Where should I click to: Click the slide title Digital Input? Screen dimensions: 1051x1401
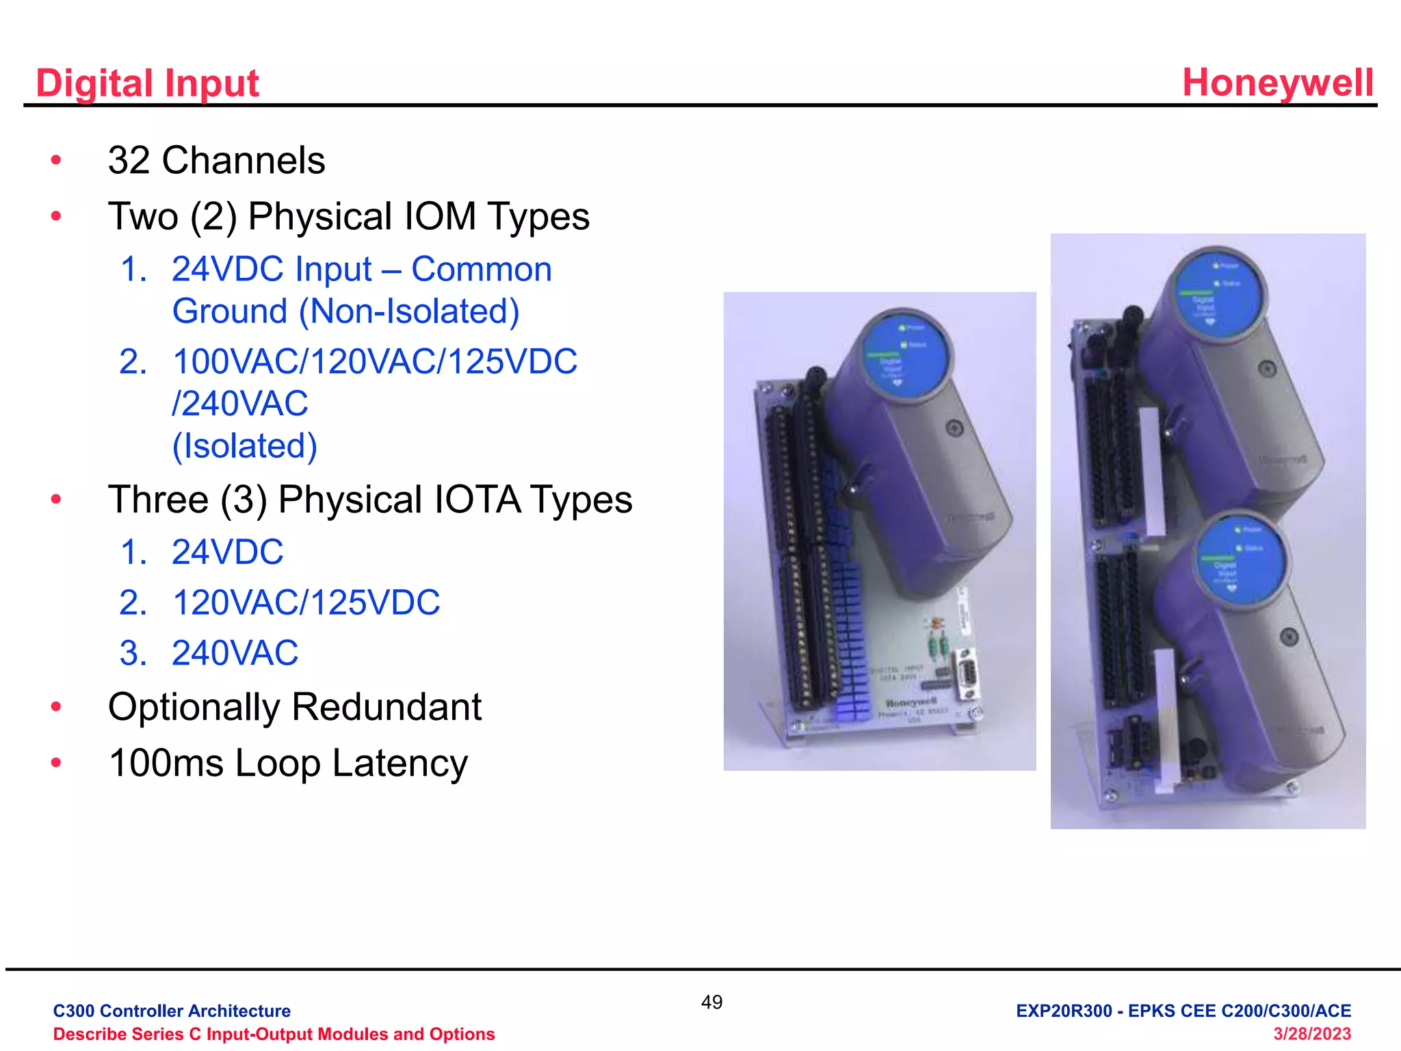point(147,83)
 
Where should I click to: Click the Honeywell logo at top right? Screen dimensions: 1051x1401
point(1277,83)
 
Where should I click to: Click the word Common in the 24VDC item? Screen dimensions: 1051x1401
point(481,269)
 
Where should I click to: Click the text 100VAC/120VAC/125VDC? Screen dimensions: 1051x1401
point(375,361)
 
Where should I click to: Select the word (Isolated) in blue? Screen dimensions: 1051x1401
point(244,446)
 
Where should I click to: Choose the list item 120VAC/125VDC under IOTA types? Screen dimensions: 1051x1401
point(306,603)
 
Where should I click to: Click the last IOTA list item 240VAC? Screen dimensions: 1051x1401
point(235,653)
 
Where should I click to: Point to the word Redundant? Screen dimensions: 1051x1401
point(387,707)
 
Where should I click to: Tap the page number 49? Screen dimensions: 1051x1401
point(711,1002)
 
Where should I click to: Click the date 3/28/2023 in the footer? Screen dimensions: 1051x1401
point(1311,1034)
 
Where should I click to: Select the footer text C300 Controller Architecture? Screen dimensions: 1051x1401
point(172,1011)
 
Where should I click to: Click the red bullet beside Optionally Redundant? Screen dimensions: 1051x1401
point(56,707)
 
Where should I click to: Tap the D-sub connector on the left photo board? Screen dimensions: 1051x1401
point(966,673)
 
